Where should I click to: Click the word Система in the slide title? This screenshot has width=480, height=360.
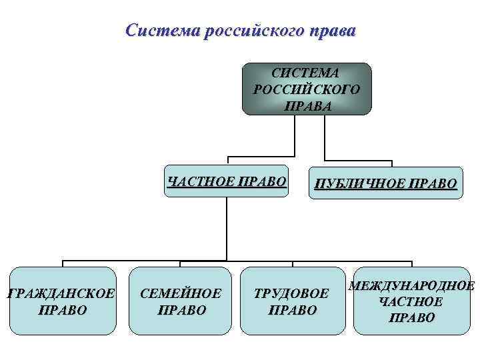155,31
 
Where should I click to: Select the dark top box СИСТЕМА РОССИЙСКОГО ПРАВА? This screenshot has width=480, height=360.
306,89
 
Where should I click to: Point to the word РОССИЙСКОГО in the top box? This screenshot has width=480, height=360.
306,89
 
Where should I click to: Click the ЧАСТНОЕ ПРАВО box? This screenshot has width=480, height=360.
227,181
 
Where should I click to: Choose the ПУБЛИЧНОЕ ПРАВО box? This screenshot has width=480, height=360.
385,183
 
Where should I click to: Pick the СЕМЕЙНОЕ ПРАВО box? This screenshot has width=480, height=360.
181,301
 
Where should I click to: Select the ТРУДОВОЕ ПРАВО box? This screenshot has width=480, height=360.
292,301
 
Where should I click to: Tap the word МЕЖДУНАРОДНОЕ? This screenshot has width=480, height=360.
411,287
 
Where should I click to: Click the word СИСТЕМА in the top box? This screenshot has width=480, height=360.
306,73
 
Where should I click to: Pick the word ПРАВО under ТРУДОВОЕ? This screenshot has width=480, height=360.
292,310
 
